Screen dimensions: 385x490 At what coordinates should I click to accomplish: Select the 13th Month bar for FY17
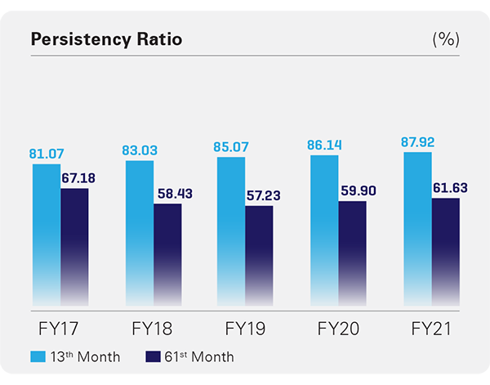[x=47, y=233]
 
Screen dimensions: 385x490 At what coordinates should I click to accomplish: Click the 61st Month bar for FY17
[x=74, y=245]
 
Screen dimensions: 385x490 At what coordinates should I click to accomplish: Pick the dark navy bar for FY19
[x=259, y=253]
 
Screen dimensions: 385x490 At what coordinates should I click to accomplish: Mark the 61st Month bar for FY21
[x=445, y=249]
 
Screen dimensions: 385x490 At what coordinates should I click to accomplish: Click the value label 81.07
[x=47, y=153]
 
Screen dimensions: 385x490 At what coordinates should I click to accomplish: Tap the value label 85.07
[x=232, y=147]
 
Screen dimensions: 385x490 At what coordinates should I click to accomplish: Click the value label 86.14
[x=325, y=145]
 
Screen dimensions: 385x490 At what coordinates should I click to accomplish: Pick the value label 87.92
[x=417, y=141]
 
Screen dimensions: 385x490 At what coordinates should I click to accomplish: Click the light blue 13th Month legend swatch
[x=38, y=356]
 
